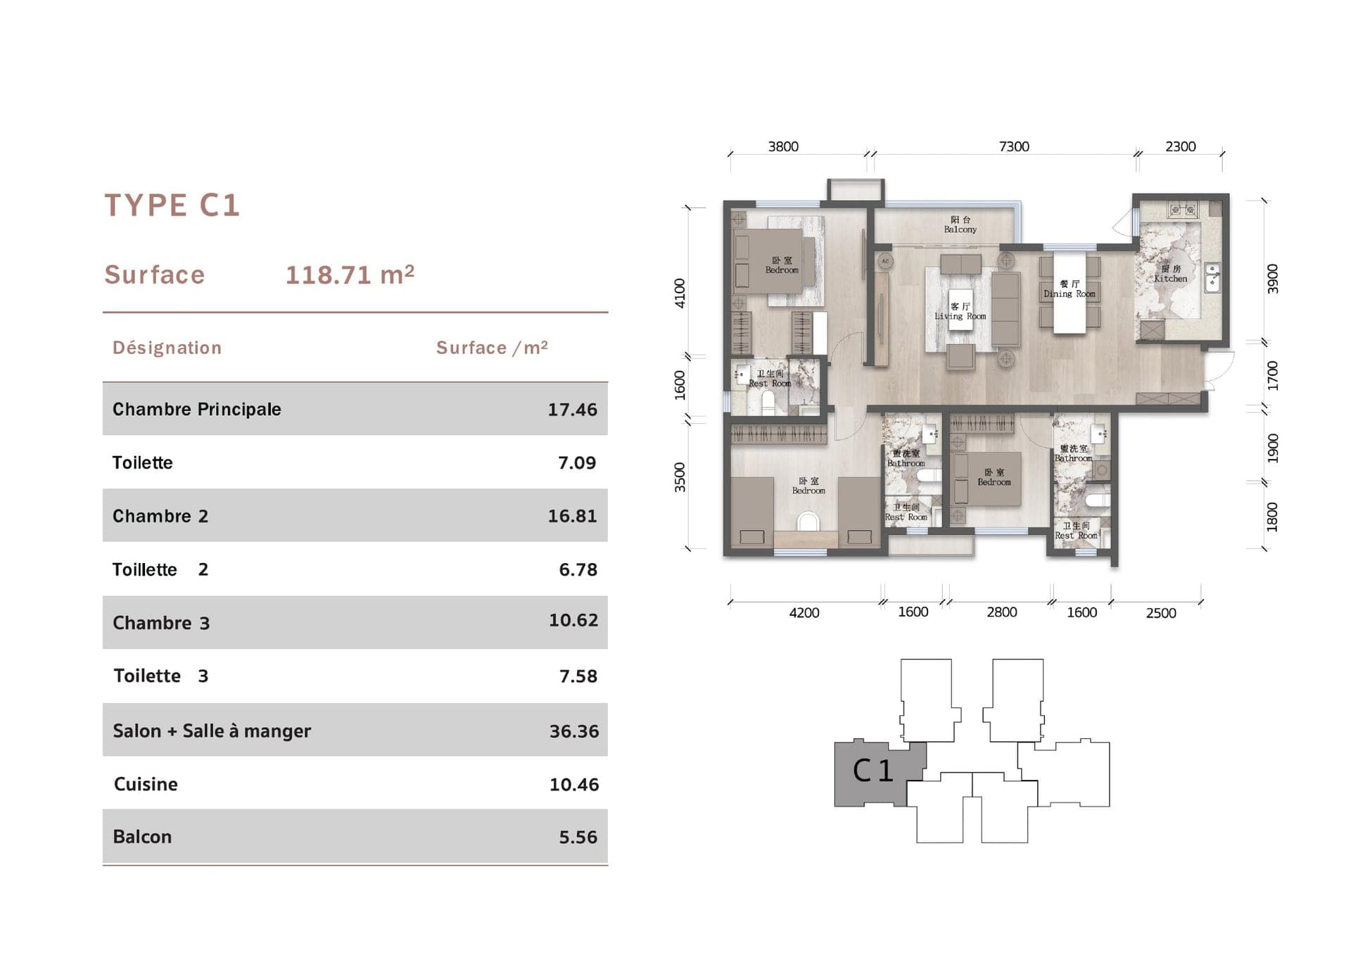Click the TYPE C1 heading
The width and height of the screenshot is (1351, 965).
pos(172,206)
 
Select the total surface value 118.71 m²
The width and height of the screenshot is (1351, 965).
pos(350,275)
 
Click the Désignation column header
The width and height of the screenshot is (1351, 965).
pos(167,348)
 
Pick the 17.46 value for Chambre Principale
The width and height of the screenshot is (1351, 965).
pos(572,410)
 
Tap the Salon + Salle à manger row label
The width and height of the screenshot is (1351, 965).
pos(211,731)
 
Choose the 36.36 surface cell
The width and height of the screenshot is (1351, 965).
pos(573,731)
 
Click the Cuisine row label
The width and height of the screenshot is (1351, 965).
pos(146,784)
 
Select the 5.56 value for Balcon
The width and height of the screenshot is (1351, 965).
pos(578,837)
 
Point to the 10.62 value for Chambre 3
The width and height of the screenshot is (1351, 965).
pos(573,620)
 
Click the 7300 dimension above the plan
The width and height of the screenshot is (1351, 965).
pos(1013,146)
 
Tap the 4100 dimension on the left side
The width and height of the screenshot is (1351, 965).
pos(680,293)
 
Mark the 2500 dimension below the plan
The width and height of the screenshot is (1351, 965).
pos(1160,613)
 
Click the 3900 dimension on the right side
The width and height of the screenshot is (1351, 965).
pos(1272,279)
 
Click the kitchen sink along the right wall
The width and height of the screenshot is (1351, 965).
pos(1212,277)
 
